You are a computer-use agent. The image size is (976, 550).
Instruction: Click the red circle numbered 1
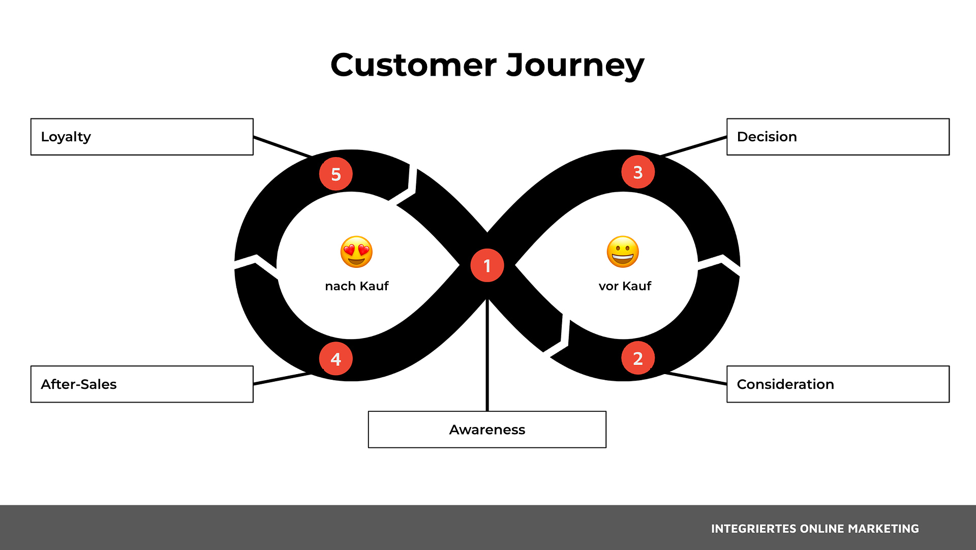pos(487,265)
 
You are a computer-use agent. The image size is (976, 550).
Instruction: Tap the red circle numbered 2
pos(637,358)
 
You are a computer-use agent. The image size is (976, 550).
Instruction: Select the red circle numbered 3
pos(637,172)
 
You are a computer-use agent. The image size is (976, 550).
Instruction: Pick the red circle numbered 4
pos(335,359)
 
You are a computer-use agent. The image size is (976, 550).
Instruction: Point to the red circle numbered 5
pos(335,174)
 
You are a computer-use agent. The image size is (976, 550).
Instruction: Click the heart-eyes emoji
pos(356,252)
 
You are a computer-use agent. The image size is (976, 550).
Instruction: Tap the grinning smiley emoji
pos(623,252)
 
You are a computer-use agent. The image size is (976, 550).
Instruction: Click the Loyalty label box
pos(142,137)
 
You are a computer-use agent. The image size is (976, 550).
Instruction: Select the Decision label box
pos(838,137)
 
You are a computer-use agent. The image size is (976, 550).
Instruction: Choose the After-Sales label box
pos(142,384)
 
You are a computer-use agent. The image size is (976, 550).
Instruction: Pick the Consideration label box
pos(838,384)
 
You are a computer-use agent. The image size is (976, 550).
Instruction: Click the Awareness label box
pos(487,430)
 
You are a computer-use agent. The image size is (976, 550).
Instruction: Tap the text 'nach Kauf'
pos(356,286)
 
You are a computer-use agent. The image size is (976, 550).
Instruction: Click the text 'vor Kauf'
pos(625,286)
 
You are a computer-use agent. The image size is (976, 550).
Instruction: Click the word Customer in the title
pos(413,65)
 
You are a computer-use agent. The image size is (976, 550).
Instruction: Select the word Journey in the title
pos(575,66)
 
